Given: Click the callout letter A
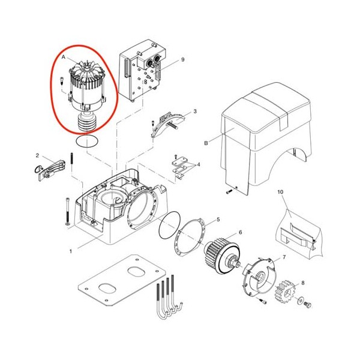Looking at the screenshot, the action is click(64, 57).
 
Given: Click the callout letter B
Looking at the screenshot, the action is click(206, 143).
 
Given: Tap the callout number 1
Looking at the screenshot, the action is click(71, 251).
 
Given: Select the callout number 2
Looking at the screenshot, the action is click(37, 155).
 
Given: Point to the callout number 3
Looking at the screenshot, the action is click(195, 112).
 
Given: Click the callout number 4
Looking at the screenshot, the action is click(199, 164).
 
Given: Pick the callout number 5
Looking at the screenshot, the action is click(218, 220).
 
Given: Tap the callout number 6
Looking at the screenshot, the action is click(241, 233).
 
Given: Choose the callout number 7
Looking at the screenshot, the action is click(284, 257).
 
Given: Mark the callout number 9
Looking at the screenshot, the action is click(183, 59).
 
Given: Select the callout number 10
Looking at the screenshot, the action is click(280, 192).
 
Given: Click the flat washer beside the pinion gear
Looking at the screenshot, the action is click(300, 301).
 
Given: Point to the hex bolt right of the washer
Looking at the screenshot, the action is click(307, 305).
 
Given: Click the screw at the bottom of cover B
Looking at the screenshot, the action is click(229, 191).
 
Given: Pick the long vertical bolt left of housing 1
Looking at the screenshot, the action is click(67, 211).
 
